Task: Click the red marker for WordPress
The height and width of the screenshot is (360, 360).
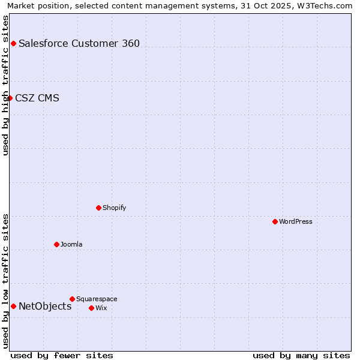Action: click(x=275, y=221)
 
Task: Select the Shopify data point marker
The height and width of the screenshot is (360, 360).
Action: click(x=98, y=208)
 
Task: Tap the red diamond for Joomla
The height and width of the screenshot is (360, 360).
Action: click(x=56, y=244)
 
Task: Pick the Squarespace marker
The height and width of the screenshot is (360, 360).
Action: click(x=72, y=299)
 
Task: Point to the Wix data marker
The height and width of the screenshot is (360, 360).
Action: click(x=91, y=308)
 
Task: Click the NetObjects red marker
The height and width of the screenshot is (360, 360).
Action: click(x=13, y=306)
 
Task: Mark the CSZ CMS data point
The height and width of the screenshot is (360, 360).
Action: click(x=10, y=98)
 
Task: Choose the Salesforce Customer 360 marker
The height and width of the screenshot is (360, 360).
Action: click(x=13, y=43)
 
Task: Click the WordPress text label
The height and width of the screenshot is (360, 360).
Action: click(x=296, y=221)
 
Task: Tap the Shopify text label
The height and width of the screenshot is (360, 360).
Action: click(x=115, y=208)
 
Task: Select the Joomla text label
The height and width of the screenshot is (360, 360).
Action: click(x=71, y=244)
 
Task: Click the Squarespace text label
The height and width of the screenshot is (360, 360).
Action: click(x=97, y=299)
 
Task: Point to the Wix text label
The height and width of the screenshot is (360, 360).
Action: click(x=101, y=308)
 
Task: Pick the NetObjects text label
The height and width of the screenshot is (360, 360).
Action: click(x=45, y=306)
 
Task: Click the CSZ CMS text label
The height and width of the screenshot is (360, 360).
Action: click(x=37, y=98)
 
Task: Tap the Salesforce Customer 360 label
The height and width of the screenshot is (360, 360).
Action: click(x=79, y=43)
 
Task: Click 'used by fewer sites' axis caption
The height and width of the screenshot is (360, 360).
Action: click(x=62, y=355)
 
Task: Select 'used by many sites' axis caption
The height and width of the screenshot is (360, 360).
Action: click(x=301, y=355)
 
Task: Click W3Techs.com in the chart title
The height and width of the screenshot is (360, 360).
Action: click(x=328, y=5)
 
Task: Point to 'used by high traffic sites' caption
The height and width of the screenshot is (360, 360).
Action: click(x=5, y=85)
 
